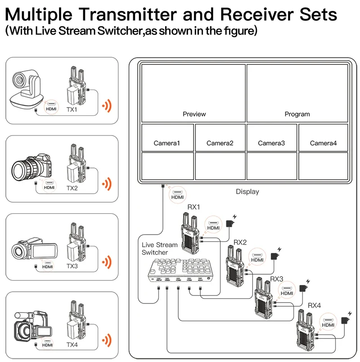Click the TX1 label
point(72,109)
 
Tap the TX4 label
point(72,344)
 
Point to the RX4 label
point(314,305)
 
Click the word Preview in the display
point(194,114)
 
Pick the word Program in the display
point(297,114)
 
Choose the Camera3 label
point(271,143)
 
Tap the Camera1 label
point(166,143)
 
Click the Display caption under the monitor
point(247,192)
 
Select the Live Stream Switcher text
point(160,249)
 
